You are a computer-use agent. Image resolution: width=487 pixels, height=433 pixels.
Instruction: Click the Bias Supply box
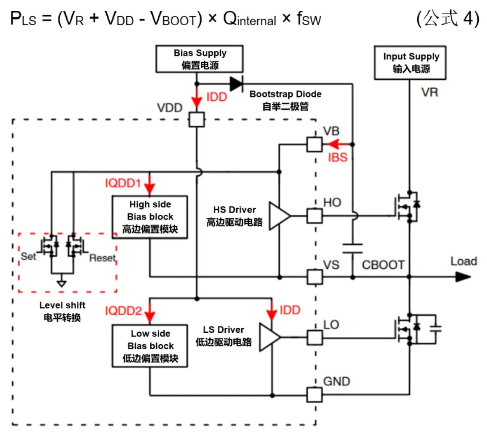[x=200, y=59]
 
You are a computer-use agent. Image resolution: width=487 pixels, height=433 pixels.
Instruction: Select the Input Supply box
[x=410, y=63]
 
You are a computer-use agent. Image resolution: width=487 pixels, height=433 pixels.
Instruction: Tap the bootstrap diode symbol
[x=236, y=84]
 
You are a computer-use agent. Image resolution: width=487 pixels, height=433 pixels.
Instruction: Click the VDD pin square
[x=197, y=120]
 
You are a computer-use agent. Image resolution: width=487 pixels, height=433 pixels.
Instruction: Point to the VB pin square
[x=315, y=144]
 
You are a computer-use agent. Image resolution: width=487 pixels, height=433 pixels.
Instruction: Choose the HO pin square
[x=315, y=215]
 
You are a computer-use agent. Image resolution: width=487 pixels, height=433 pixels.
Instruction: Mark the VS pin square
[x=315, y=277]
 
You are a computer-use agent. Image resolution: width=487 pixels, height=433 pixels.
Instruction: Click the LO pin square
[x=315, y=337]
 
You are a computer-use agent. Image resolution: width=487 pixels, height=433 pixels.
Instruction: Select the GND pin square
[x=315, y=395]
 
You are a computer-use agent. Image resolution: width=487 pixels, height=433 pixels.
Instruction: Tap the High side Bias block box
[x=150, y=217]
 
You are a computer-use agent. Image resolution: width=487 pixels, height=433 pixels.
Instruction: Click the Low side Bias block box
[x=150, y=346]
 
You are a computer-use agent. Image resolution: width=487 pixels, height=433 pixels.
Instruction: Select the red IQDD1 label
[x=123, y=183]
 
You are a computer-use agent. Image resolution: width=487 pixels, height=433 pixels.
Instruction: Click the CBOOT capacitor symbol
[x=353, y=248]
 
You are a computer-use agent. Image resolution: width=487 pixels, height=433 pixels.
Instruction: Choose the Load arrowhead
[x=463, y=277]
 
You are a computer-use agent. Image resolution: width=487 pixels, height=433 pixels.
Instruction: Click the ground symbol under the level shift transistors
[x=61, y=284]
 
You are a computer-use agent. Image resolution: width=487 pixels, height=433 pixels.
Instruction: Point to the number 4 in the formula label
[x=468, y=19]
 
